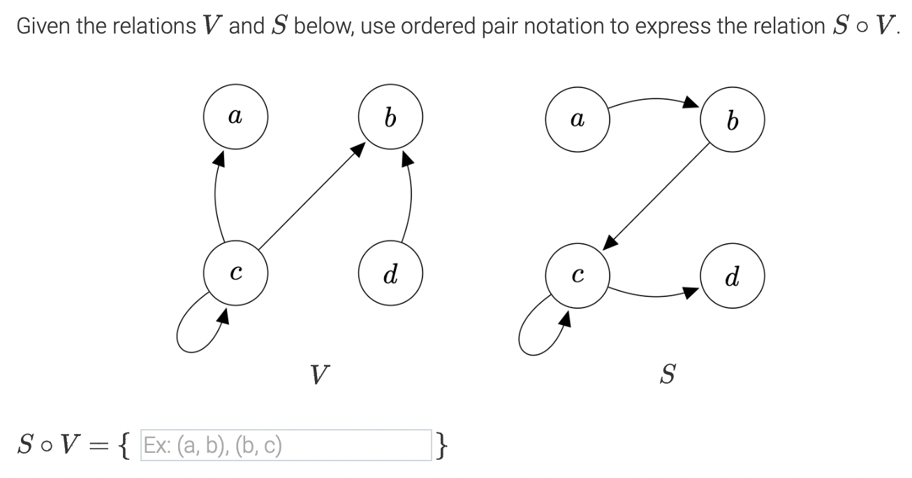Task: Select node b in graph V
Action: click(390, 118)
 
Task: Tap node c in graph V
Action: click(235, 273)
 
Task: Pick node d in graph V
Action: click(390, 273)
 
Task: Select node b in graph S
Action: click(732, 122)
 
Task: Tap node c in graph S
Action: click(577, 275)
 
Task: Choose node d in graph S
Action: click(732, 277)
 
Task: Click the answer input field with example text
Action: click(286, 445)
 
